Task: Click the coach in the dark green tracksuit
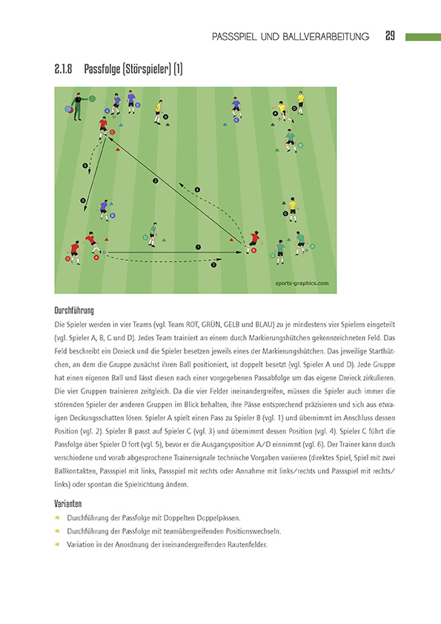click(x=77, y=104)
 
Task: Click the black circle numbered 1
click(x=198, y=246)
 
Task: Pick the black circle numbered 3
click(x=155, y=181)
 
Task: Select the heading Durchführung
click(x=74, y=311)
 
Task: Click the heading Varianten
click(x=69, y=502)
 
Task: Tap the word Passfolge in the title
click(x=104, y=70)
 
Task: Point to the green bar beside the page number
click(x=422, y=36)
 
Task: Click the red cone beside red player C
click(x=117, y=149)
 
